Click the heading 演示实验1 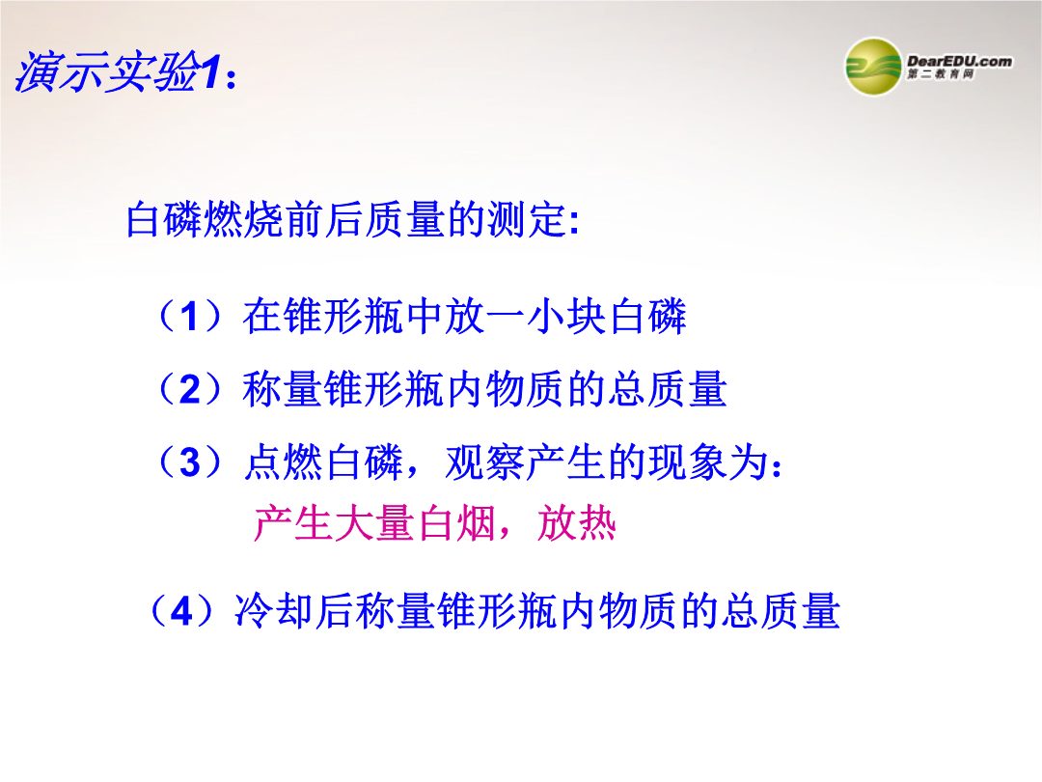[125, 71]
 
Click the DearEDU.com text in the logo [959, 61]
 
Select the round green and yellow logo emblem [872, 67]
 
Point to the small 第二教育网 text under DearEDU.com [941, 74]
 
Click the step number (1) [190, 316]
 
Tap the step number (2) [190, 389]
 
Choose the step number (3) [190, 462]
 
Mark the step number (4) [181, 610]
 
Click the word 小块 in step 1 [567, 316]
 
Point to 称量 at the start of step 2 [283, 389]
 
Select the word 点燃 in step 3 [284, 462]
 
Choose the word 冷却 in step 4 [274, 610]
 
